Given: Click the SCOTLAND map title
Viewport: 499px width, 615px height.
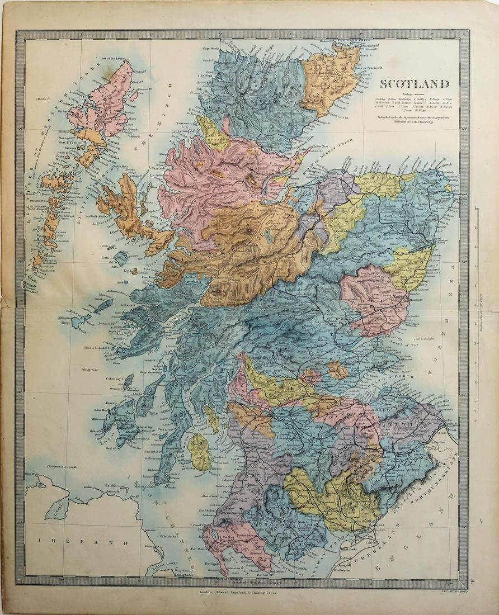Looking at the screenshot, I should coord(415,84).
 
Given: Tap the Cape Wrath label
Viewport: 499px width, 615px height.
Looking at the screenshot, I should coord(211,49).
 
